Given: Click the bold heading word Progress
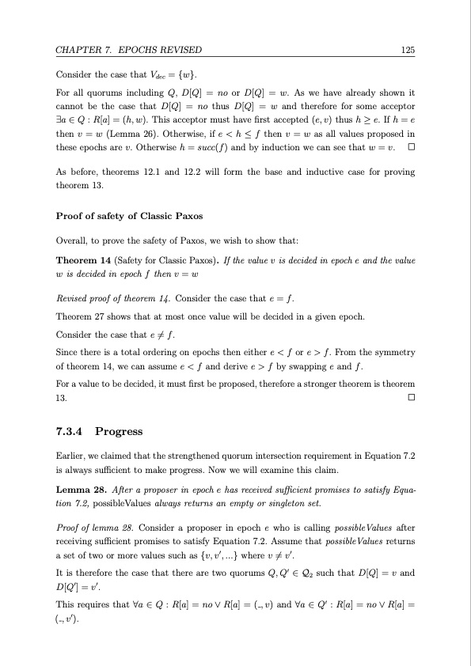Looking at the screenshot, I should [119, 431].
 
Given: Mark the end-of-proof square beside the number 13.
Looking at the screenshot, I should [411, 397].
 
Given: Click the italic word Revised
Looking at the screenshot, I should [71, 297].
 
